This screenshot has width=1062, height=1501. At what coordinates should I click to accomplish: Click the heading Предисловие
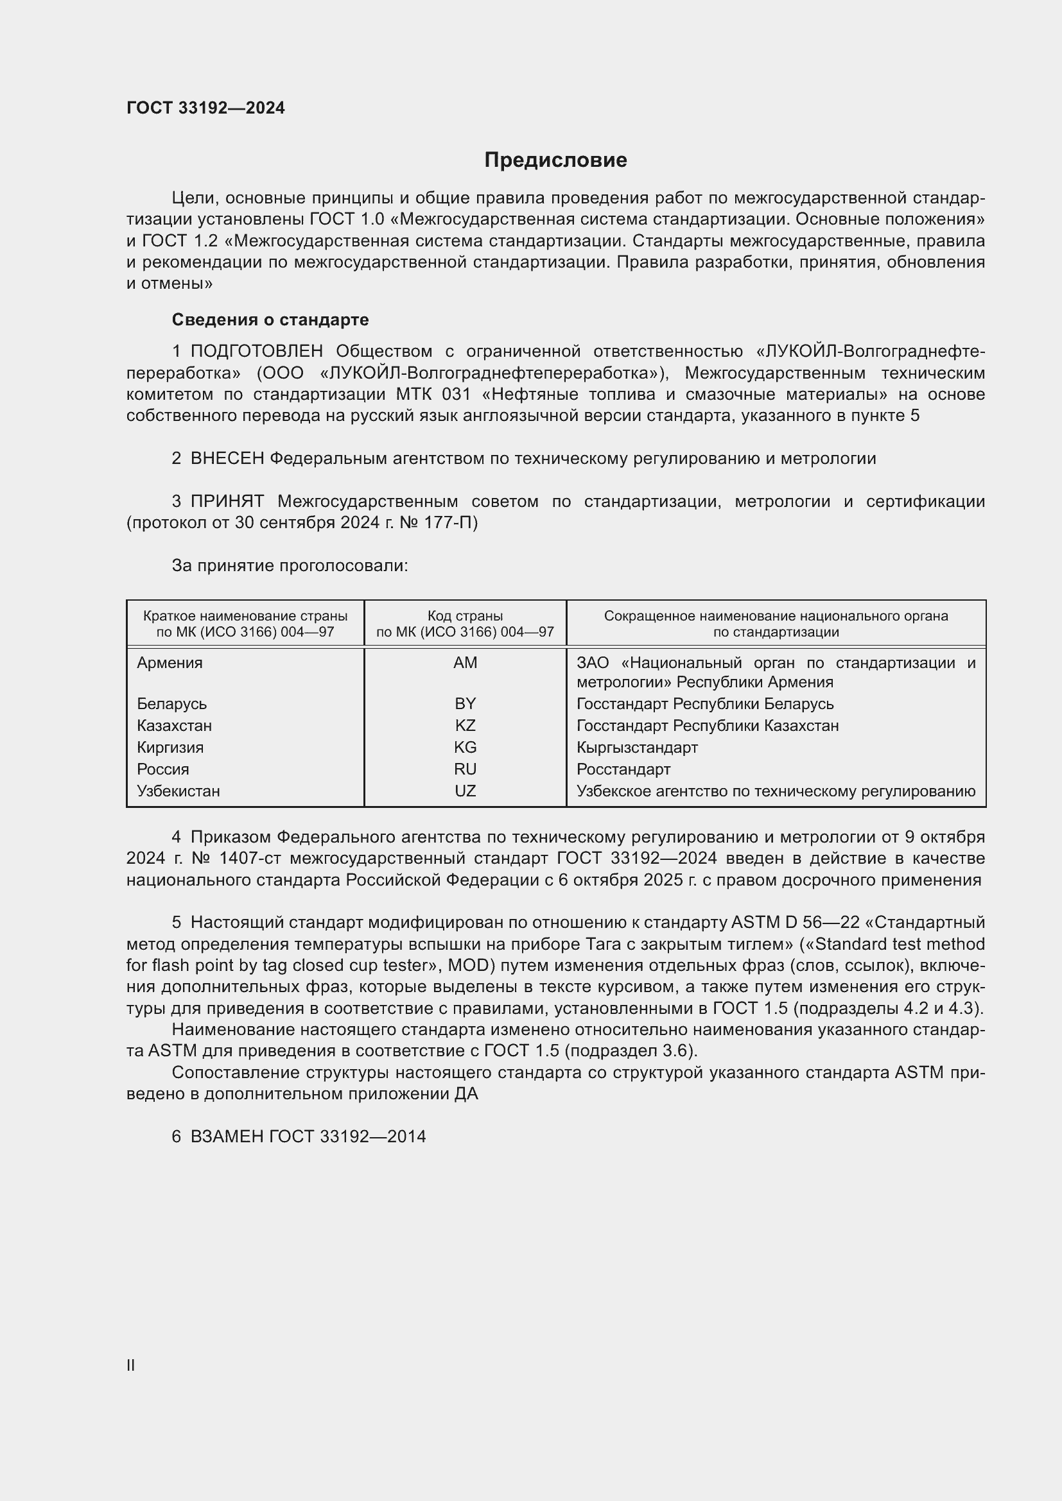[555, 160]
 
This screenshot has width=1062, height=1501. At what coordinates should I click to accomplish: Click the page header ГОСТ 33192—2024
[205, 108]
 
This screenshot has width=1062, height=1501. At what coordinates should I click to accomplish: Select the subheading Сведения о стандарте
[270, 320]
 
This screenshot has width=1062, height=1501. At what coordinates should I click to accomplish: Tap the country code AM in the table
[465, 663]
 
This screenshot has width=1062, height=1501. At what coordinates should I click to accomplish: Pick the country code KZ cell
[465, 726]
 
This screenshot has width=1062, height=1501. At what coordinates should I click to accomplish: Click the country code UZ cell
[465, 791]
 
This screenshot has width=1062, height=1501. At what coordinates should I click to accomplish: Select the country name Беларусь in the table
[172, 704]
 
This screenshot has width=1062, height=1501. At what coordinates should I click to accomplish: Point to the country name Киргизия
[170, 747]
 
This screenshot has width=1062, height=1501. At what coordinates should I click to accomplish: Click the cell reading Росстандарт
[623, 769]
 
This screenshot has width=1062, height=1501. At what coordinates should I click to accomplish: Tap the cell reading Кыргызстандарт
[637, 747]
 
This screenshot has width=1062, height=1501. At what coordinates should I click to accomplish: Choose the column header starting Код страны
[465, 624]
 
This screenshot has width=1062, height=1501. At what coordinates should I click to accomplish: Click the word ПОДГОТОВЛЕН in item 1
[256, 352]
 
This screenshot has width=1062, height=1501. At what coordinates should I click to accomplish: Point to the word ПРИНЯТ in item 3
[227, 502]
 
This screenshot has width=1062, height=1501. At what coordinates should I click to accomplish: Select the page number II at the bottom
[131, 1365]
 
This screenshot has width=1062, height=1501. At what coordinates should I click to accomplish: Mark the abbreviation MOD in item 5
[468, 966]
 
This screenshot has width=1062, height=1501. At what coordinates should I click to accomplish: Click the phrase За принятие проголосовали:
[290, 566]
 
